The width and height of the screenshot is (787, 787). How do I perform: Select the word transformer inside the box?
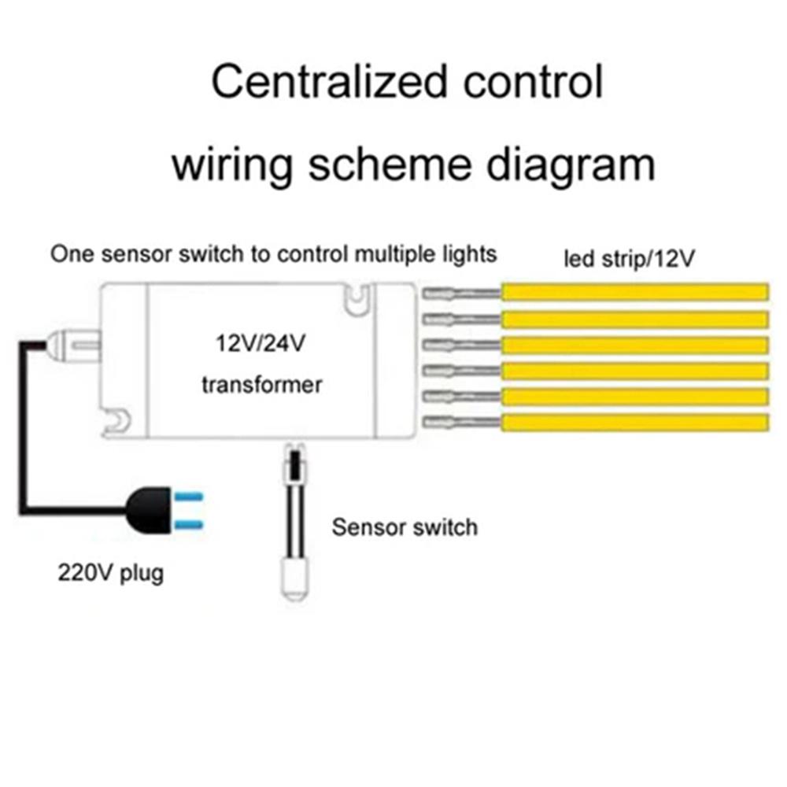point(261,385)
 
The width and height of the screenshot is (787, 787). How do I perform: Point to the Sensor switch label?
point(405,527)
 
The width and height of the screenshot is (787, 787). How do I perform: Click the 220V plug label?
point(110,572)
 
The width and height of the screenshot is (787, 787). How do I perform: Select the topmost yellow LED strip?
point(634,292)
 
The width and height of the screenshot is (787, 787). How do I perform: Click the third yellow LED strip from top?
point(634,345)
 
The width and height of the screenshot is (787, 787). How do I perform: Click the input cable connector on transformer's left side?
point(71,343)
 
